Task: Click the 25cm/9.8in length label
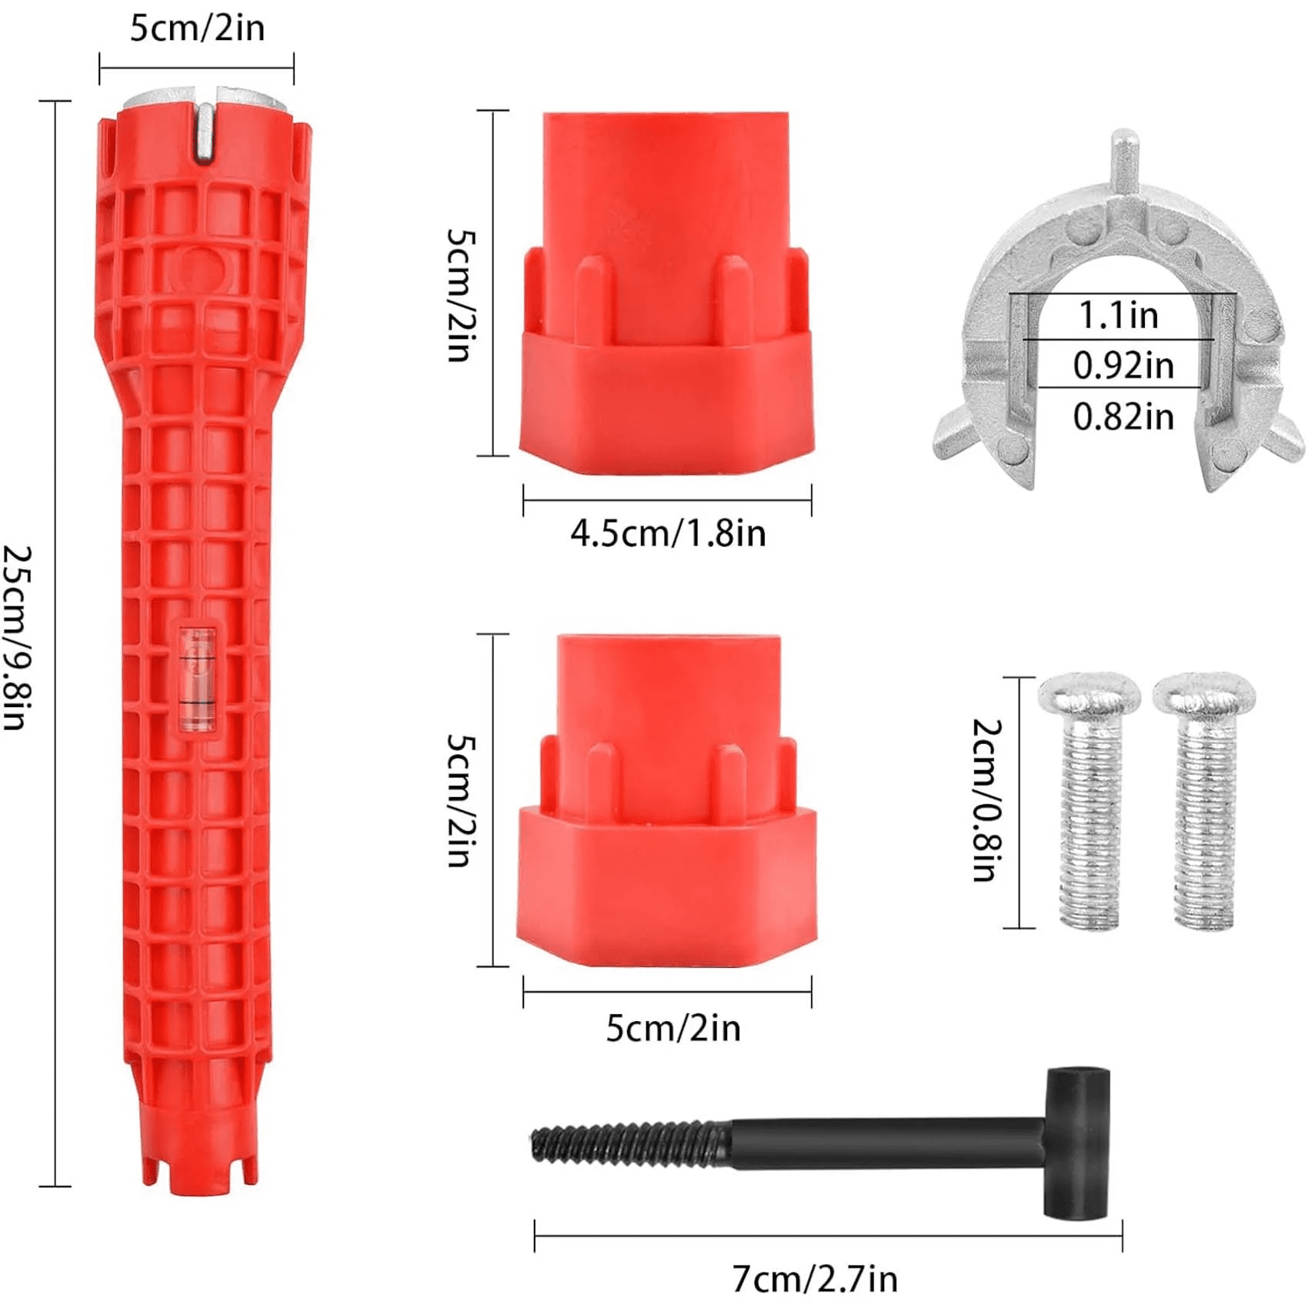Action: pyautogui.click(x=17, y=638)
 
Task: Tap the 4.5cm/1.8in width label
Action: pyautogui.click(x=668, y=533)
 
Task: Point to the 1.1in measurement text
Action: pyautogui.click(x=1118, y=315)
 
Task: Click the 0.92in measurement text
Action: pyautogui.click(x=1123, y=365)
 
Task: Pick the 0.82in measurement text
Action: pyautogui.click(x=1123, y=416)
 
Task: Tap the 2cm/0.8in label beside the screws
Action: pyautogui.click(x=987, y=800)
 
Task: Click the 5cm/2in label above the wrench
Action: pyautogui.click(x=197, y=28)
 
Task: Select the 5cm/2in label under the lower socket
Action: pyautogui.click(x=673, y=1028)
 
